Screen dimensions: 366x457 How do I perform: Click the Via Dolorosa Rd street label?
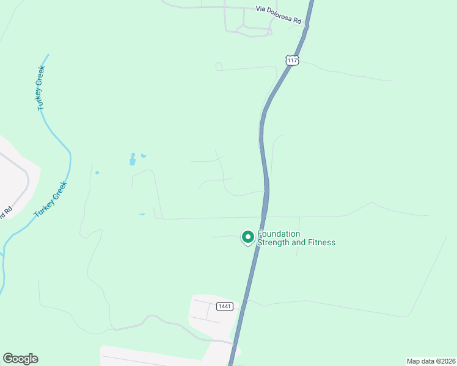coord(279,15)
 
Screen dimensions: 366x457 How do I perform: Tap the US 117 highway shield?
coord(292,60)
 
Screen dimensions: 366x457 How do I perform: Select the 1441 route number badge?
coord(224,306)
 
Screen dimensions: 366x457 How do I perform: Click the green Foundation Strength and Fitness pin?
coord(247,236)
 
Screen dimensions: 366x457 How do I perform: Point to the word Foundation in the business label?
coord(279,234)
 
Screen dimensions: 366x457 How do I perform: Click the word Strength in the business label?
coord(274,242)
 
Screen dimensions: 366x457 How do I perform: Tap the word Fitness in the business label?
coord(322,242)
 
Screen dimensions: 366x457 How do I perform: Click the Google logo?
coord(20,359)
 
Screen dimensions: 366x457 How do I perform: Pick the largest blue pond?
coord(132,160)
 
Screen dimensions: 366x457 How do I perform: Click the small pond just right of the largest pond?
coord(144,156)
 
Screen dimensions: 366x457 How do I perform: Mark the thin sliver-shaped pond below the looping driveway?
coord(142,214)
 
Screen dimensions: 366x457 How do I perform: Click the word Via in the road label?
coord(261,10)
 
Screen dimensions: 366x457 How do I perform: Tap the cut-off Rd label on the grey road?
coord(7,213)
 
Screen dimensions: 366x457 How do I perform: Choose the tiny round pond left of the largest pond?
coord(97,173)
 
